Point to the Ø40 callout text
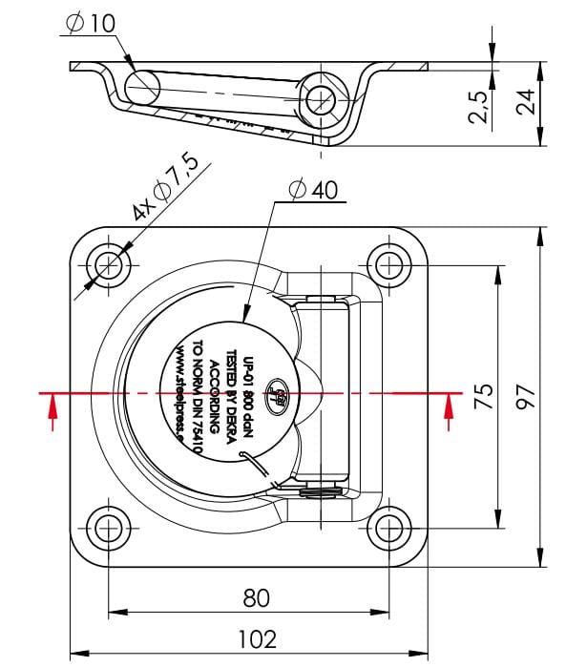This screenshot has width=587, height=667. pyautogui.click(x=311, y=190)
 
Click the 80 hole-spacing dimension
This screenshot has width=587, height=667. pyautogui.click(x=257, y=597)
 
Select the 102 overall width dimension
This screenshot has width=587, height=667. pyautogui.click(x=257, y=638)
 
